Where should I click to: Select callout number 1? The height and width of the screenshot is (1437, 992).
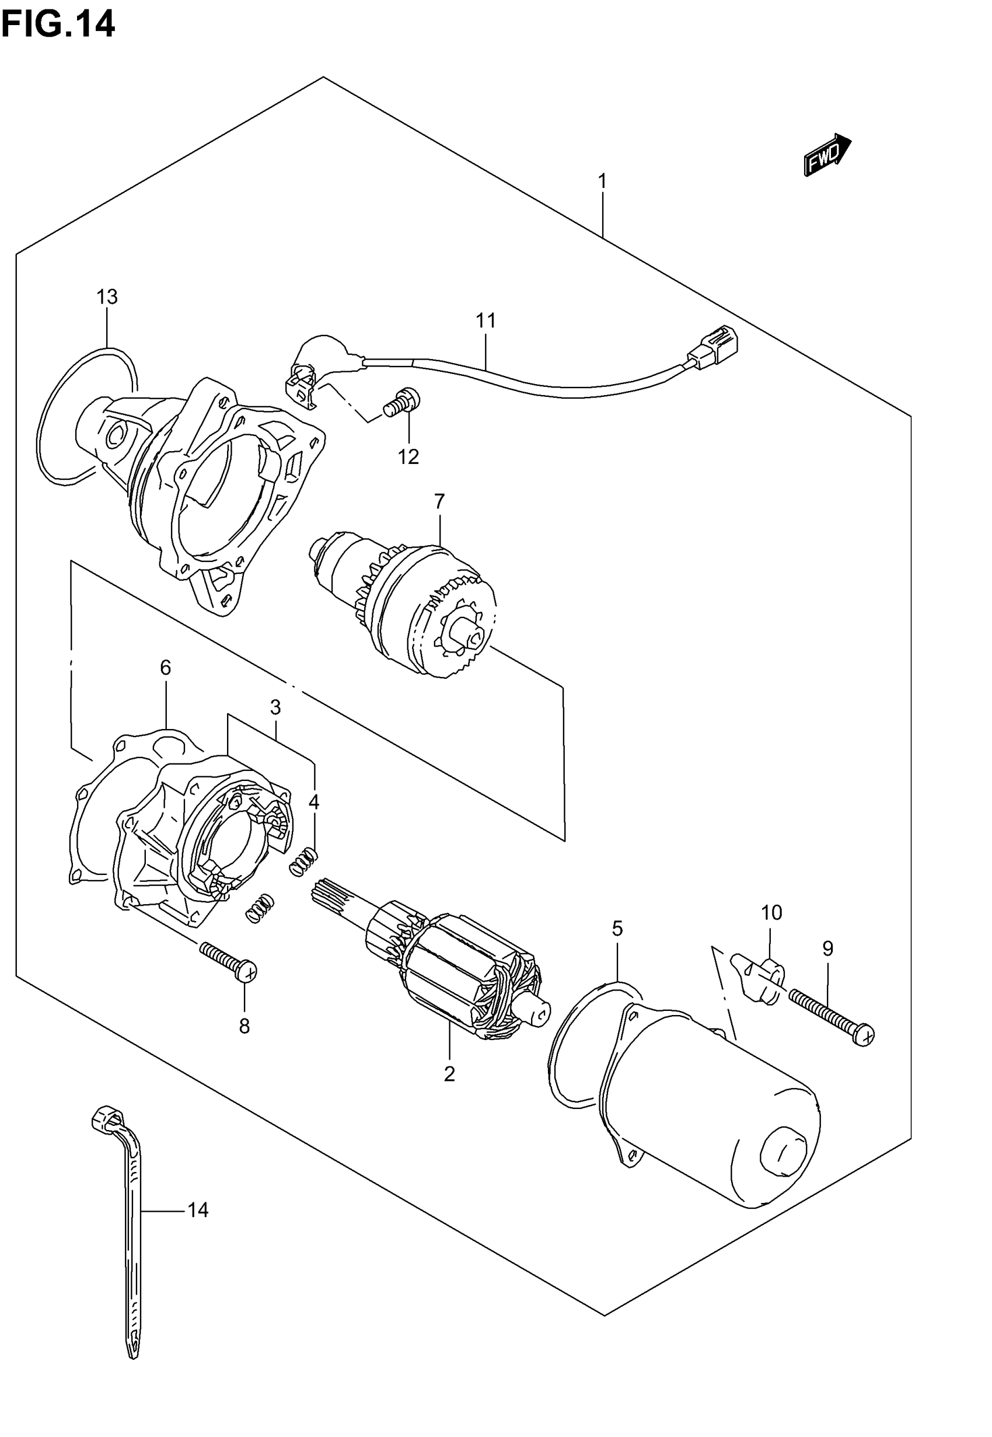point(602,182)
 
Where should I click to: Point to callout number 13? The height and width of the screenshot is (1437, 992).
point(107,297)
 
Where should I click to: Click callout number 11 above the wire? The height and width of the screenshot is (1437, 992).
point(486,320)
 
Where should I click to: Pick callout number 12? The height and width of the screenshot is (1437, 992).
point(408,457)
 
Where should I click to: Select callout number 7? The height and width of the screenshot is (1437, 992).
point(439,500)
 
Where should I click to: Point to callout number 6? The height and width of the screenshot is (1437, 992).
point(165,668)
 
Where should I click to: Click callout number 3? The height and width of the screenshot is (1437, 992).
point(275,707)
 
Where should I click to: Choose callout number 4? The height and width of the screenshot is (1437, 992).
point(314,802)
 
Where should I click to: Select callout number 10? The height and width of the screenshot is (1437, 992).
point(771,912)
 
